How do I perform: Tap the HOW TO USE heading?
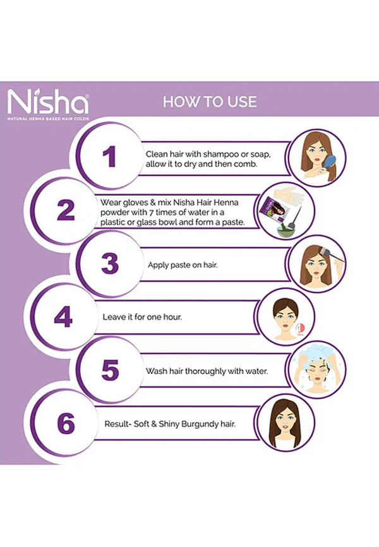coord(210,102)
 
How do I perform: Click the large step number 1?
coord(109,157)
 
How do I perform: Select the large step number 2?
coord(66,210)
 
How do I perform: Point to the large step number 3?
coord(110,263)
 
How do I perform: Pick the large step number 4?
coord(63,316)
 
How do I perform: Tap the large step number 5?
coord(111,370)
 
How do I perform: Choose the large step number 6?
coord(66,423)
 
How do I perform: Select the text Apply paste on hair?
coord(183,265)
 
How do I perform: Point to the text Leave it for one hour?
coord(142,317)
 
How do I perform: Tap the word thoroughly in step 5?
coord(205,371)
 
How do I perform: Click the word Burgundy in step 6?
coord(202,424)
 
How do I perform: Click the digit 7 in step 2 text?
coord(151,212)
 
